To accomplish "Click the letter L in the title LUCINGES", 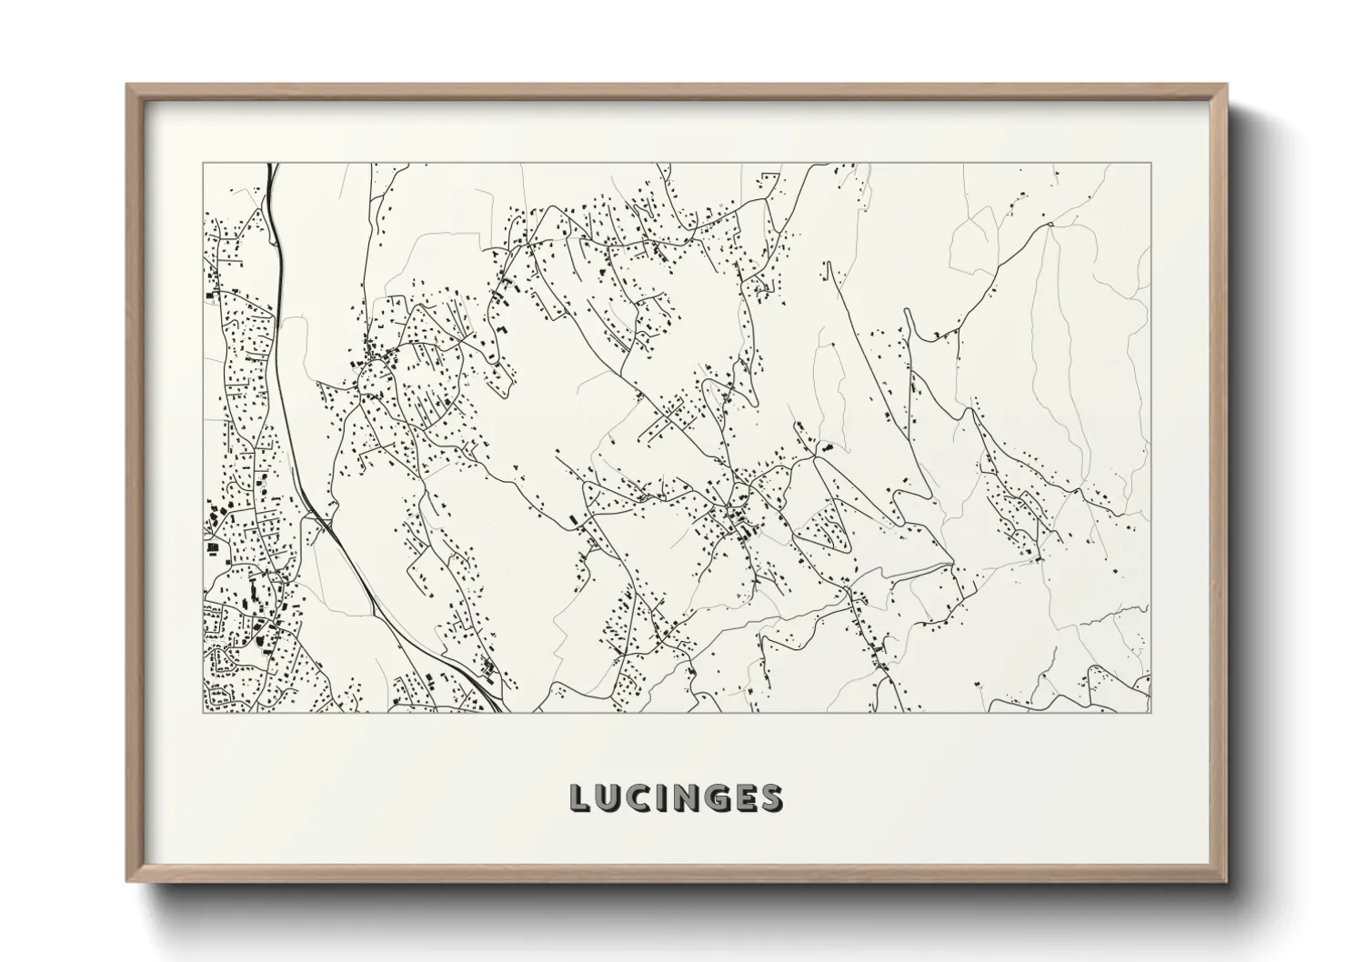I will pos(580,797).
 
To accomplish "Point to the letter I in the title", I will pos(663,797).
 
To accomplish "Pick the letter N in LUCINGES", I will pos(688,797).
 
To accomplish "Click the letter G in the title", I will pos(718,797).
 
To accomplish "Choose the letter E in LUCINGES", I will pos(746,797).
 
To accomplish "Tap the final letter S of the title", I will pos(771,797).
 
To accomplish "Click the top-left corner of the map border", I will pos(202,164).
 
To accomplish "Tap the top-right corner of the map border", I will pos(1150,164).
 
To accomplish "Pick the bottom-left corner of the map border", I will pos(202,712).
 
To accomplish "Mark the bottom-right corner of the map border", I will pos(1150,712).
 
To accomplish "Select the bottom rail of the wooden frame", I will pos(677,877).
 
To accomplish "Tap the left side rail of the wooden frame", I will pos(132,482).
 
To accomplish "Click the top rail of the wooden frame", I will pos(677,89).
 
